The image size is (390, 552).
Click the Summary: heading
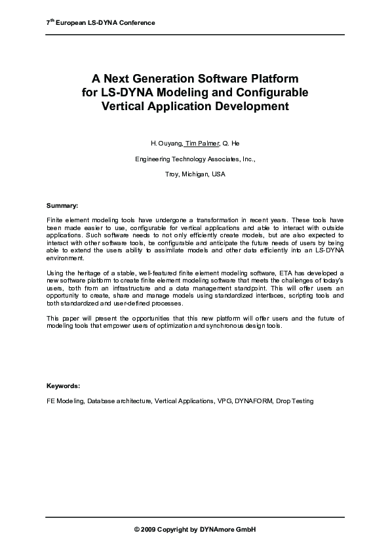coord(62,205)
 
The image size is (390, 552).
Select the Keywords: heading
coord(63,385)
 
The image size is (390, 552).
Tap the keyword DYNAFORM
coord(254,401)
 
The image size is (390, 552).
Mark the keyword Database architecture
coord(119,401)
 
